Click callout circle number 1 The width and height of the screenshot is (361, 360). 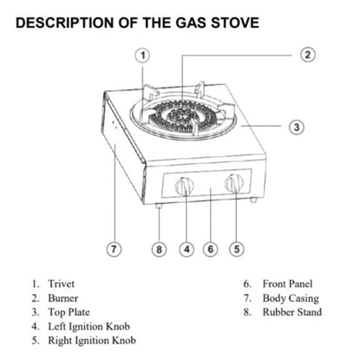pos(145,56)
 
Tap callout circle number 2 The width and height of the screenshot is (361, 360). pos(307,55)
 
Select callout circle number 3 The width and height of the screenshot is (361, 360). pos(296,127)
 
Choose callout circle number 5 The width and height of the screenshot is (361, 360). pos(236,249)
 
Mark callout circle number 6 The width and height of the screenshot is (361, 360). pos(210,249)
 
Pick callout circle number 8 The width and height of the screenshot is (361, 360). pos(159,249)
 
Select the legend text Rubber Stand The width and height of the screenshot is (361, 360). pos(293,312)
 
